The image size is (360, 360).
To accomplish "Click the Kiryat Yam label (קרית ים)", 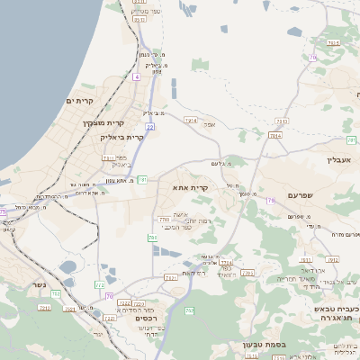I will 79,101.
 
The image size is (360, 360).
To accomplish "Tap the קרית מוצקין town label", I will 101,122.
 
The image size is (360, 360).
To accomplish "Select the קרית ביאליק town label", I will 124,137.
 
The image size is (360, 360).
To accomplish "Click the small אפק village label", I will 209,125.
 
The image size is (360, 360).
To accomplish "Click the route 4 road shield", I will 137,77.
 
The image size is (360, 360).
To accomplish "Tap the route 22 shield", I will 149,127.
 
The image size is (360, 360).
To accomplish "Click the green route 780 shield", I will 152,238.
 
